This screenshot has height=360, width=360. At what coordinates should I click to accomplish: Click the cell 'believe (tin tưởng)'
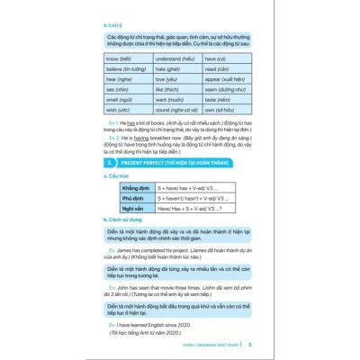coord(126,68)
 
